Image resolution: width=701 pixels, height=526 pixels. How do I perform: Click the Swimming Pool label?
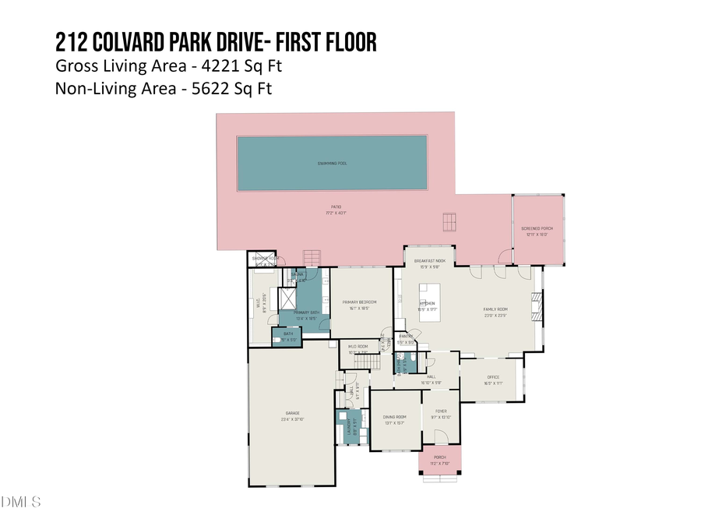click(x=332, y=163)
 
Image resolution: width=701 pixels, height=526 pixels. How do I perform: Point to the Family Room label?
click(x=495, y=309)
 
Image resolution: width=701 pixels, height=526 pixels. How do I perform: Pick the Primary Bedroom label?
click(x=359, y=302)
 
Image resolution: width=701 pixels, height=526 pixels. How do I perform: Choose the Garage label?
click(x=292, y=413)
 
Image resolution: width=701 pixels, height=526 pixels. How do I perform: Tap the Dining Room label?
click(x=395, y=417)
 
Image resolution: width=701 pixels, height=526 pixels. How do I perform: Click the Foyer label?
click(x=441, y=411)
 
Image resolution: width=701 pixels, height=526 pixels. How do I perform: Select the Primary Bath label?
click(x=305, y=312)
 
